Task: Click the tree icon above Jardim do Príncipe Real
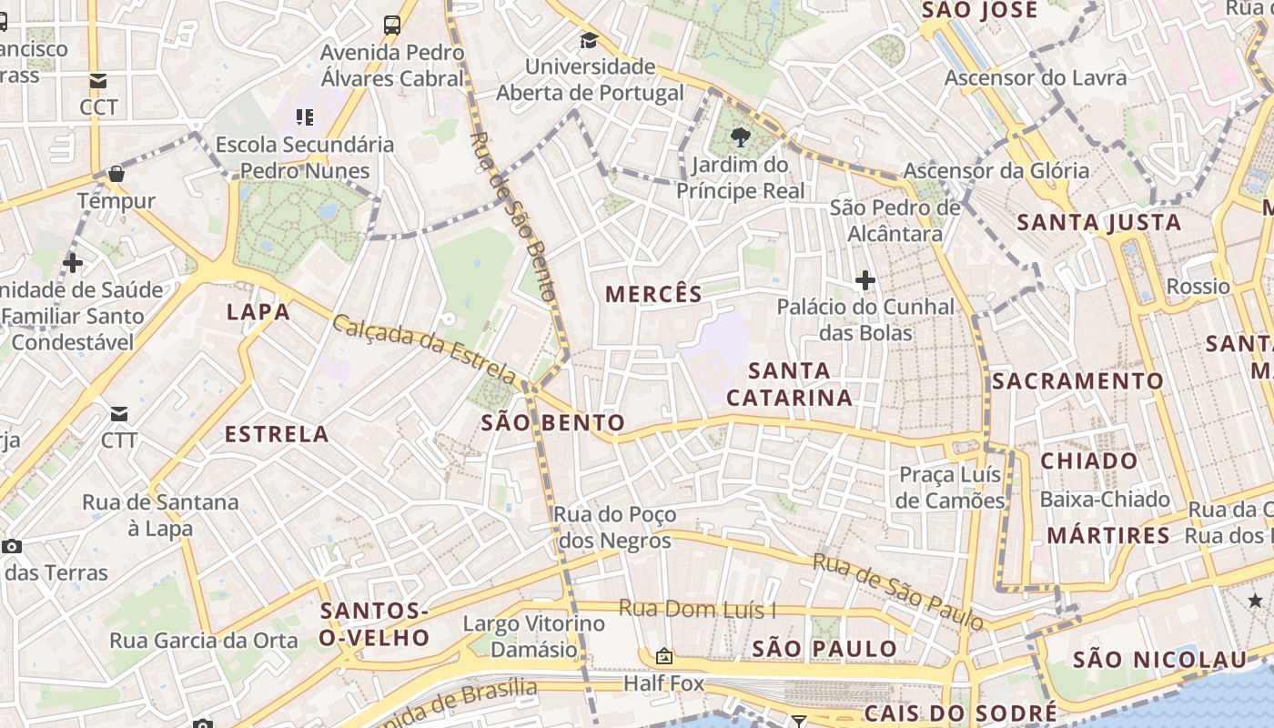click(x=740, y=138)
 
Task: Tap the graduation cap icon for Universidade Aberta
click(x=589, y=40)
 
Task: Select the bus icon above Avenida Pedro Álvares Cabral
click(x=392, y=25)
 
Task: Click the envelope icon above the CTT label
click(x=119, y=414)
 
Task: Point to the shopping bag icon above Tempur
click(x=116, y=173)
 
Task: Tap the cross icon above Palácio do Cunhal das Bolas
click(x=864, y=279)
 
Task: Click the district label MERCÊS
click(x=653, y=294)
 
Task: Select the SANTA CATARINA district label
click(x=789, y=384)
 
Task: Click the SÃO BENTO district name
click(x=552, y=422)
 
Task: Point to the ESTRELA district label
click(x=277, y=434)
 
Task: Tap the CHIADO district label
click(x=1088, y=460)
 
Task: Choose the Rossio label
click(x=1198, y=287)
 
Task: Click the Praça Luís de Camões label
click(x=950, y=488)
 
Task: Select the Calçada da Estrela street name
click(x=424, y=348)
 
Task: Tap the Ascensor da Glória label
click(x=996, y=170)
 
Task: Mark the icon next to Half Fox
click(x=664, y=656)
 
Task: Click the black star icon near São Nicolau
click(x=1255, y=600)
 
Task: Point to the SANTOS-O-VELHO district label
click(x=374, y=623)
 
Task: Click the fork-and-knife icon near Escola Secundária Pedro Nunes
click(x=304, y=116)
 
